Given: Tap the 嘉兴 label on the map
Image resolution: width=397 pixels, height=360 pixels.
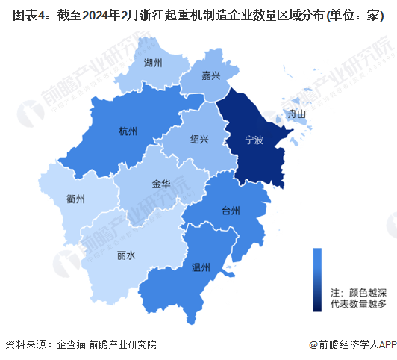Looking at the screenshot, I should (x=210, y=76).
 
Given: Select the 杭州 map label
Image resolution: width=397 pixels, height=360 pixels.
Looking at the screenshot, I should (x=128, y=132).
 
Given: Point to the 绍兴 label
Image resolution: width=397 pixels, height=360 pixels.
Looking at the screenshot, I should (x=199, y=139).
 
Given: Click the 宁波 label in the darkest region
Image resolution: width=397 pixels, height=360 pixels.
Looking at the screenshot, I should (x=254, y=140).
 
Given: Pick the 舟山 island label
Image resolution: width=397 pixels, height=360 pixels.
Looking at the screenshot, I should (x=297, y=114).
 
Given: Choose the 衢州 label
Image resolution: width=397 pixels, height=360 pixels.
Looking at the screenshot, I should (x=75, y=199).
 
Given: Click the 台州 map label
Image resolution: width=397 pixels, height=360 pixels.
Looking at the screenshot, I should (x=231, y=211).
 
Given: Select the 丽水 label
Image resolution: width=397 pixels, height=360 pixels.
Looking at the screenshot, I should (x=126, y=255).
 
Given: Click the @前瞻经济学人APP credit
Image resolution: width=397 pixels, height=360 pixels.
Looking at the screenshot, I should (x=350, y=344).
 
